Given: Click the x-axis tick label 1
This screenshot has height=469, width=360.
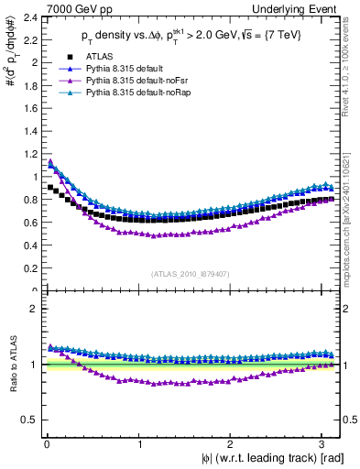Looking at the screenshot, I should point(139,443).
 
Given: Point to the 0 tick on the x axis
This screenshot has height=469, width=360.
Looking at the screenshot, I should point(45,443).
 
